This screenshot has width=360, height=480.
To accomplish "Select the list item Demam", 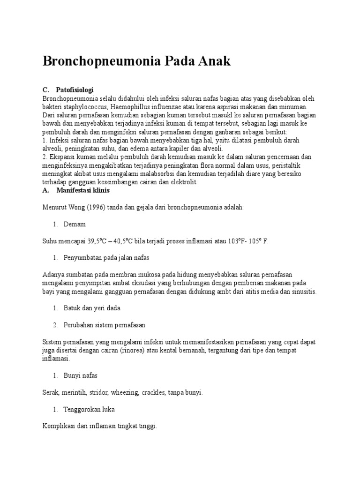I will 75,225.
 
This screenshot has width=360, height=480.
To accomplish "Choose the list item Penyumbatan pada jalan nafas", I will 107,258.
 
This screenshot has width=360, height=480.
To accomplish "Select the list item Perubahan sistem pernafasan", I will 105,325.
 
